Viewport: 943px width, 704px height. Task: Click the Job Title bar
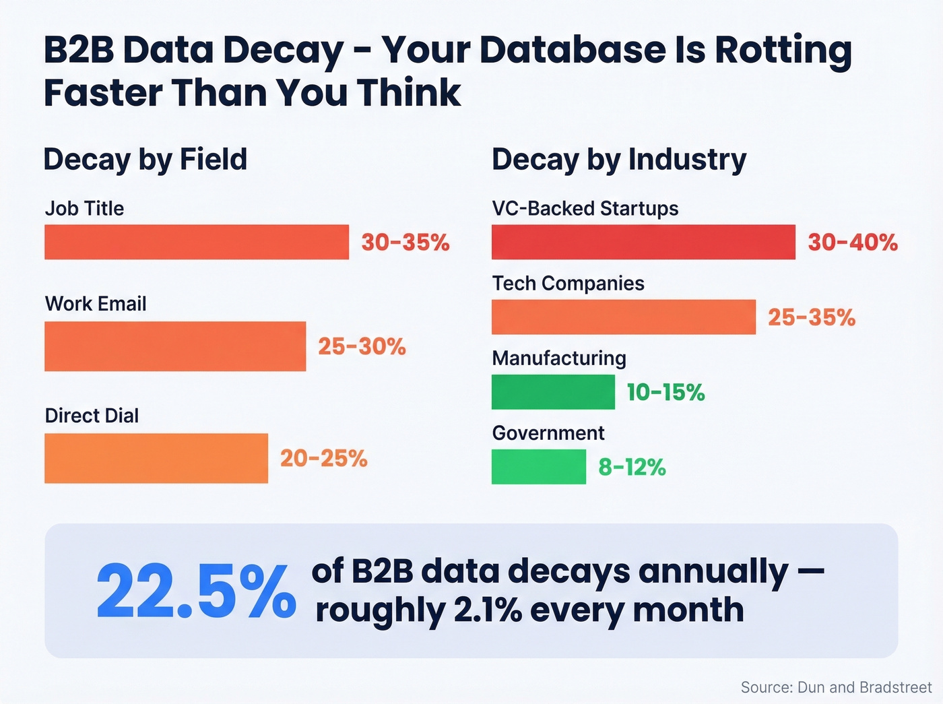click(197, 242)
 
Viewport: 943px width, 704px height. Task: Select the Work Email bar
click(175, 346)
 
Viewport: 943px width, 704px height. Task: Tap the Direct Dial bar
click(156, 458)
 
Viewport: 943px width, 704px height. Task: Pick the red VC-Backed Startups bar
click(643, 242)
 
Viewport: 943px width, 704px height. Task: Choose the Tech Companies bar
click(624, 317)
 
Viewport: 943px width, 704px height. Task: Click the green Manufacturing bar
click(553, 392)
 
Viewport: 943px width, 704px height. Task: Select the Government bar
click(539, 467)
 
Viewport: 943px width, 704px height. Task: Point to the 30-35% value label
click(405, 243)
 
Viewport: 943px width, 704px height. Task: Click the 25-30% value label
click(362, 347)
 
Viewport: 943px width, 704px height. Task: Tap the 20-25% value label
click(324, 459)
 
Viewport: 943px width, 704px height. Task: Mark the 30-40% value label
click(853, 243)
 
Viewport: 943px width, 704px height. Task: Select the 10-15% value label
click(665, 392)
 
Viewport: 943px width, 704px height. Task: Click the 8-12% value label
click(632, 467)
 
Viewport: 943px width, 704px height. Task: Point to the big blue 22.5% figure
click(196, 591)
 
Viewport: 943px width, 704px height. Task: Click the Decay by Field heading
click(145, 160)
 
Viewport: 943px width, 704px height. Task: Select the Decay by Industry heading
click(619, 160)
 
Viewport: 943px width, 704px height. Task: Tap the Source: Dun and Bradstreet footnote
click(836, 687)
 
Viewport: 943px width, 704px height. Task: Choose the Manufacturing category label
click(559, 358)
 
